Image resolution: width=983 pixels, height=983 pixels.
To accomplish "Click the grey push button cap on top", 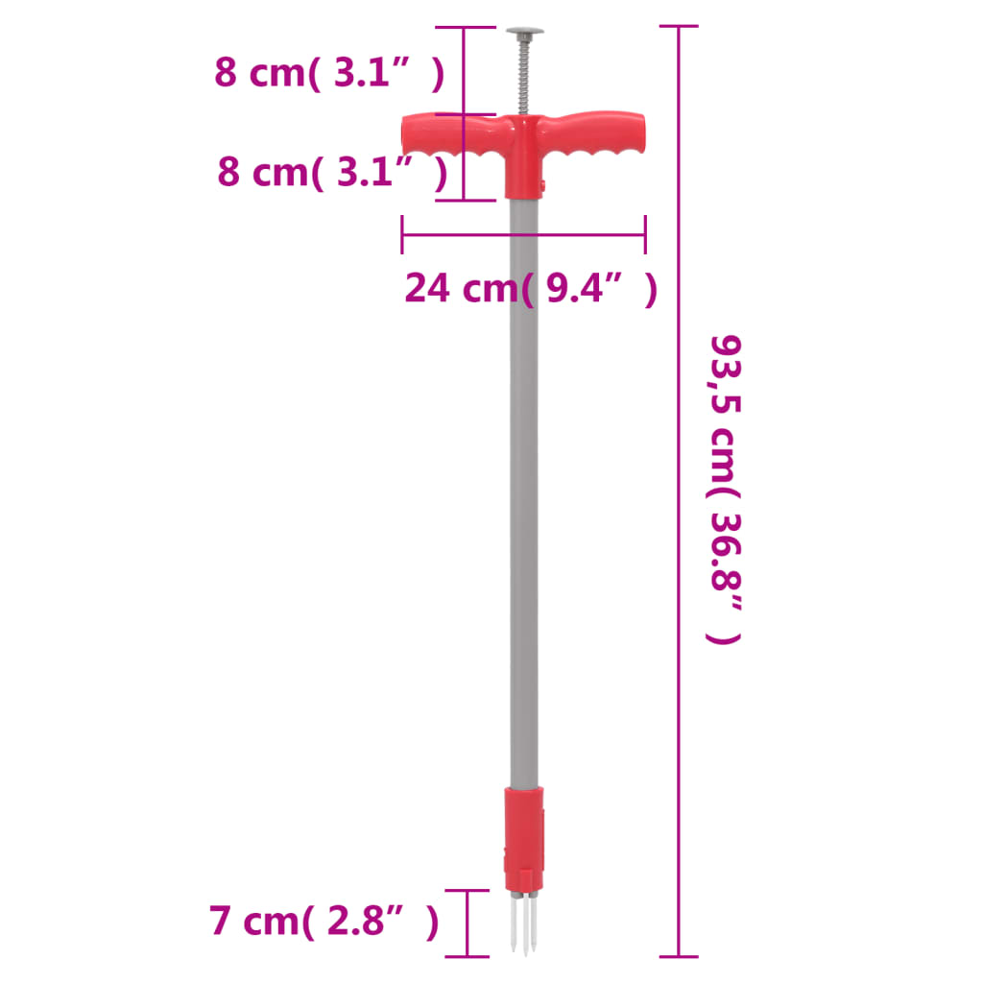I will click(523, 31).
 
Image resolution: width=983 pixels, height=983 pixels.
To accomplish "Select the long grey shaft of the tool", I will click(523, 480).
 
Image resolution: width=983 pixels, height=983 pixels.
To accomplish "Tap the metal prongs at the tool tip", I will click(523, 922).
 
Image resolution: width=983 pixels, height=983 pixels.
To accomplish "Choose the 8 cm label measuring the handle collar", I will click(332, 172).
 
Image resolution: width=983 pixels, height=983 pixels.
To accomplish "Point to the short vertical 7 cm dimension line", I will click(468, 923).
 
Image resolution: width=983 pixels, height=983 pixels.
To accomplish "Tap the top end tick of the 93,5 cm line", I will click(679, 27).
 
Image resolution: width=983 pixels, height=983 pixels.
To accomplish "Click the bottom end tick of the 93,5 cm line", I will click(679, 956).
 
